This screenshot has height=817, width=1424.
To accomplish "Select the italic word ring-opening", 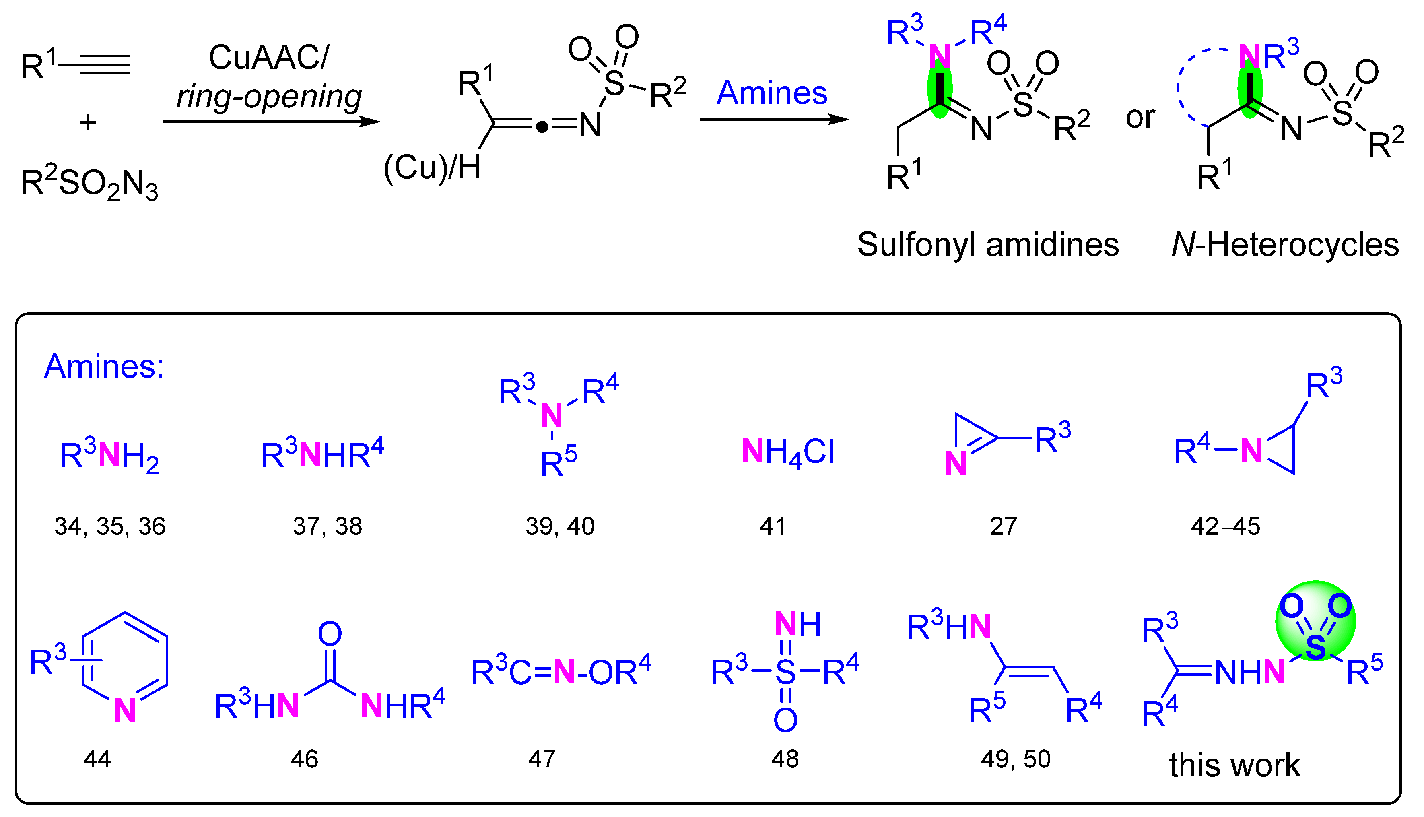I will click(x=269, y=97).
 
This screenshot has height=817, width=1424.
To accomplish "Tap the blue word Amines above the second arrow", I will click(x=772, y=93).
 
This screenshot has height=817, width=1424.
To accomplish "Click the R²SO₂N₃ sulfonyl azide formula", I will click(x=89, y=184).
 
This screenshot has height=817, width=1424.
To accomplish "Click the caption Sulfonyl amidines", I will click(x=988, y=245).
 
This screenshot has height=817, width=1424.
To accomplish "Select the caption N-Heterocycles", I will click(x=1285, y=245).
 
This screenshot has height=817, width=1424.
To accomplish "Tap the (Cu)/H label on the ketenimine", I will click(x=432, y=167).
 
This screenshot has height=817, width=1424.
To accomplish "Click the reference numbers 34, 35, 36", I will click(x=110, y=526).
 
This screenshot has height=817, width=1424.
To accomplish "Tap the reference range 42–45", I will click(x=1226, y=526).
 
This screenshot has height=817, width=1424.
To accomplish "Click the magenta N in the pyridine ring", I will click(x=124, y=710).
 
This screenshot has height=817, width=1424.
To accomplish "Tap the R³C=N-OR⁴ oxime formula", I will click(x=561, y=672).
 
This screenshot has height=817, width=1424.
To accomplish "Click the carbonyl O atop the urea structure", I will click(x=330, y=634).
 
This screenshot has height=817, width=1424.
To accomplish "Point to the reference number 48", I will click(x=785, y=759).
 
